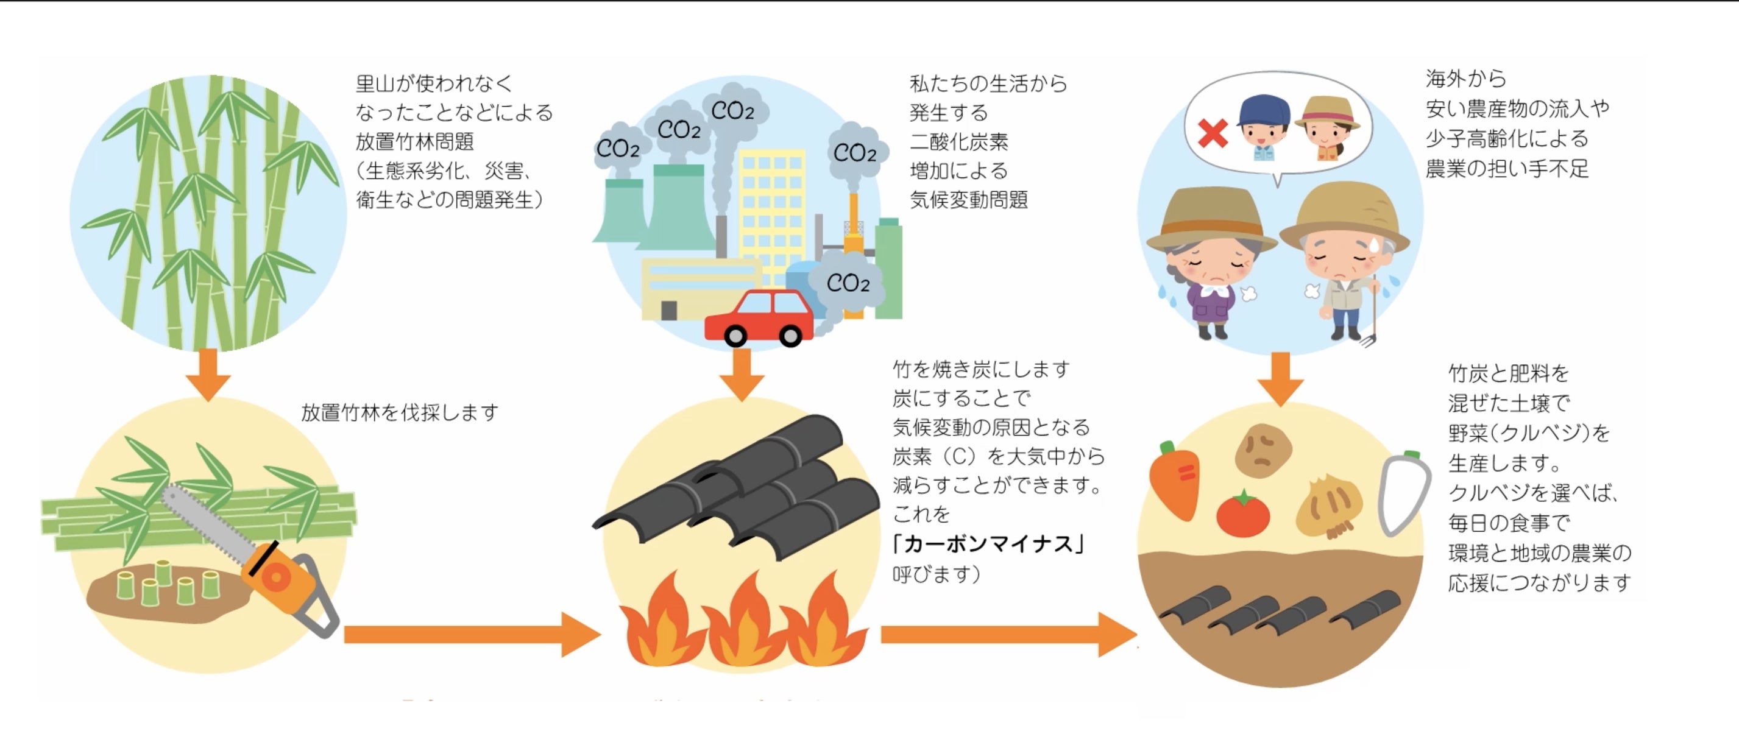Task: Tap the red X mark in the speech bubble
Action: (1213, 133)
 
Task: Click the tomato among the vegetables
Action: (1242, 515)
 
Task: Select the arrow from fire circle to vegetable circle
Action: (1006, 635)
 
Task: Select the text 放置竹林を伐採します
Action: (400, 412)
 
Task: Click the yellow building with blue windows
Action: (771, 202)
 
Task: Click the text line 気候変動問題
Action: (968, 200)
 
